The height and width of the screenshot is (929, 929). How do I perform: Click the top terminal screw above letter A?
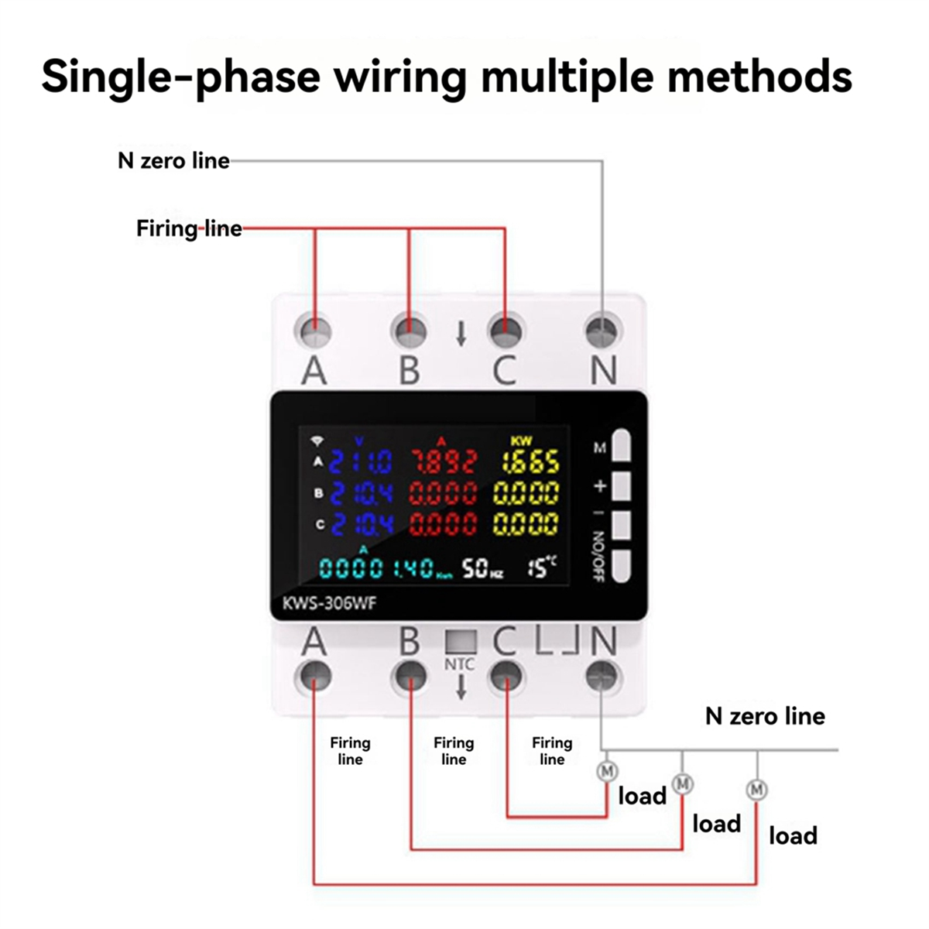click(x=314, y=331)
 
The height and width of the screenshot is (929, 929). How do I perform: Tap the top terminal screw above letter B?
click(x=409, y=331)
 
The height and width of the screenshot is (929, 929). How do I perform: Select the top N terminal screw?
click(x=603, y=331)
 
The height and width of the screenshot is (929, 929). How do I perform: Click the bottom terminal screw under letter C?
click(x=506, y=676)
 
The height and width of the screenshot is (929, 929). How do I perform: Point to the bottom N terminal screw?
click(x=603, y=676)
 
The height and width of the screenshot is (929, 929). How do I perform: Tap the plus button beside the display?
click(x=622, y=486)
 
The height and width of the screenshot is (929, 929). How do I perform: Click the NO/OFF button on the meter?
click(x=622, y=565)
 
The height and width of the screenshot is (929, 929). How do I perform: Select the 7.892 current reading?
click(x=443, y=463)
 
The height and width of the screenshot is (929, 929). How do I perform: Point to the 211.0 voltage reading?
click(x=361, y=463)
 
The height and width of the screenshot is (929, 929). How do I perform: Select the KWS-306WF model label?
click(x=329, y=603)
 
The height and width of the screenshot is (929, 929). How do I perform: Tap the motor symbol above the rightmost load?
click(x=756, y=790)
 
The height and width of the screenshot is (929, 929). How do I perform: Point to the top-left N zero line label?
click(x=173, y=161)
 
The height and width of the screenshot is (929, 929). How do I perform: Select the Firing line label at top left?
click(x=189, y=228)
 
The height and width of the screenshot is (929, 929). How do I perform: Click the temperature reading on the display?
click(x=541, y=567)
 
